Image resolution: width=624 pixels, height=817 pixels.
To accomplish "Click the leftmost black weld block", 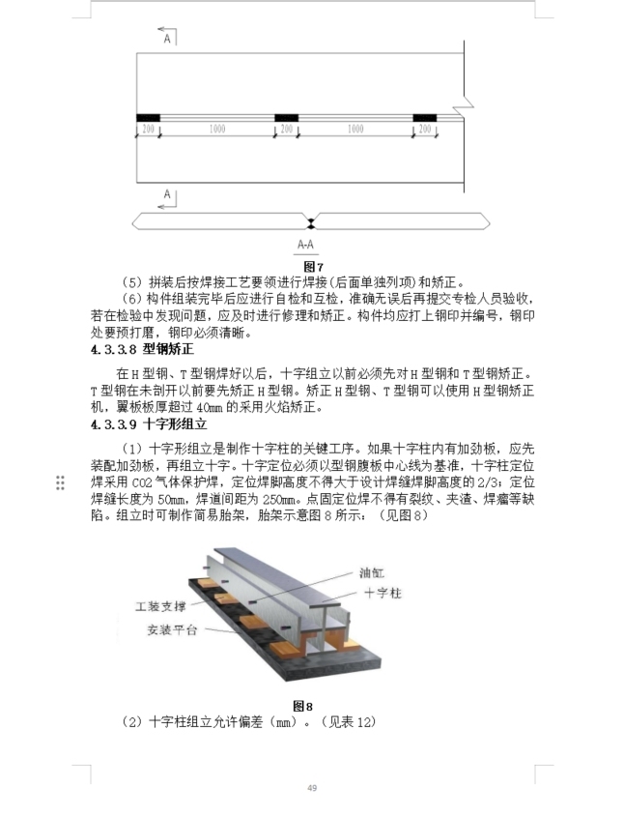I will click(147, 118).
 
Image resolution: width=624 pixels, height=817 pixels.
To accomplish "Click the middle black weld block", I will click(286, 118).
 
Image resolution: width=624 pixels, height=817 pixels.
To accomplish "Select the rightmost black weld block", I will click(424, 118).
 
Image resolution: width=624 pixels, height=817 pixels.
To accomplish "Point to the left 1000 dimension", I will click(217, 129).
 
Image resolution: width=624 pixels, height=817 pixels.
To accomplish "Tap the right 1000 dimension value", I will click(355, 129).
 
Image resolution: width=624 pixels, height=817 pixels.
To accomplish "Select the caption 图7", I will click(312, 265).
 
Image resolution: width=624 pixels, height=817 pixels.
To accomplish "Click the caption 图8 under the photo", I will click(303, 705).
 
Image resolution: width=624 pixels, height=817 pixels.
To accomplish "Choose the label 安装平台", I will click(172, 630).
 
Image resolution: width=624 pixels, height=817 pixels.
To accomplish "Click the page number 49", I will click(312, 788).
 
